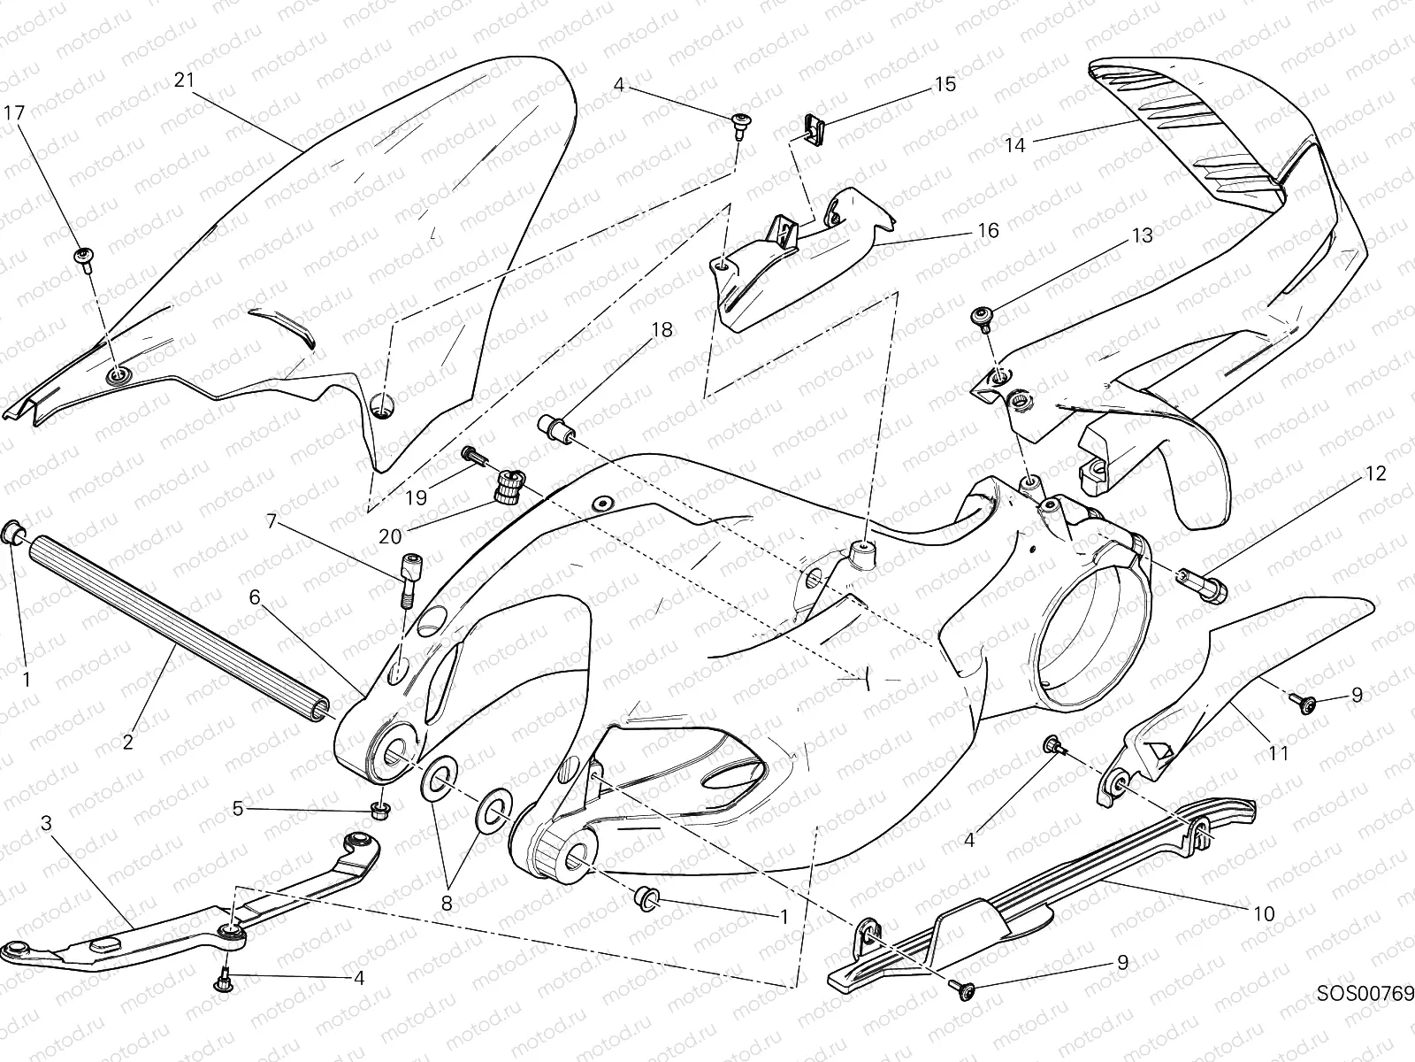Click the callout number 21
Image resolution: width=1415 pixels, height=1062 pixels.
[183, 80]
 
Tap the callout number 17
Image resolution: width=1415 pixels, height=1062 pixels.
[14, 112]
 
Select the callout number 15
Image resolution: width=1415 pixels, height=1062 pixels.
[945, 84]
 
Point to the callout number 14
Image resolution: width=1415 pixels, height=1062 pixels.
[1014, 145]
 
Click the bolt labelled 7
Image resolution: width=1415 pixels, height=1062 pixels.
[412, 579]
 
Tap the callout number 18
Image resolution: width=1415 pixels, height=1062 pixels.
[662, 330]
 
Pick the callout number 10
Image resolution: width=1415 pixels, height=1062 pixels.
[1264, 912]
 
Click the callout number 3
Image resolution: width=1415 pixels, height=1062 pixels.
[45, 824]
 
